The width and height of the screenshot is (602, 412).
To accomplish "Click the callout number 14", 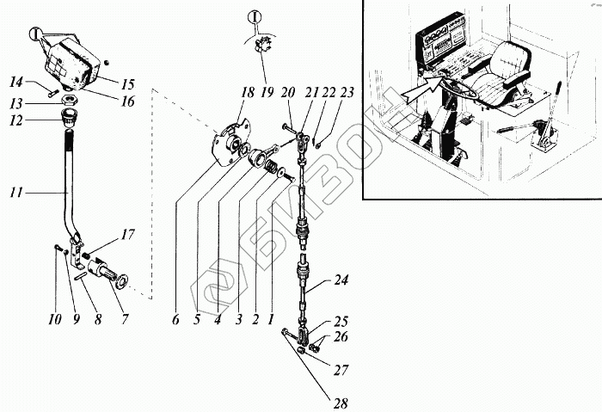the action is (17, 83).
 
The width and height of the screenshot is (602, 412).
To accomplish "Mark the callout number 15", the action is (127, 84).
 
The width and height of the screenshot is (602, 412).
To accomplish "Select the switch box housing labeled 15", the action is (67, 64).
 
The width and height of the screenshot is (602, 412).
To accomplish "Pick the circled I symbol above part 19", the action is (255, 15).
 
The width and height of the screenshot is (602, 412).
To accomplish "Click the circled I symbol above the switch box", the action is (35, 35).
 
